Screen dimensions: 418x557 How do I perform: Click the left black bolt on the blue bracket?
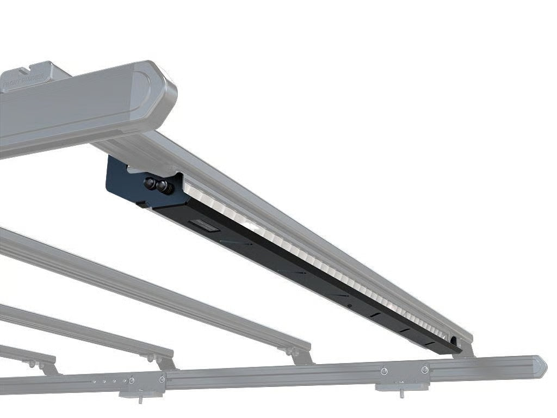pyautogui.click(x=150, y=183)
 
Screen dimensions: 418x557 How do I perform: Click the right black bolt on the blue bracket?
pyautogui.click(x=163, y=187)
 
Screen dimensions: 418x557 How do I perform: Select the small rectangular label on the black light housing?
pyautogui.click(x=203, y=226)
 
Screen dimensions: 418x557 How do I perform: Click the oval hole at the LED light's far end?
pyautogui.click(x=453, y=341)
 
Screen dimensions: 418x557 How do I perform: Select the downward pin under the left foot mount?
pyautogui.click(x=140, y=400)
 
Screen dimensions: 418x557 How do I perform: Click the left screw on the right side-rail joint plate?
pyautogui.click(x=385, y=371)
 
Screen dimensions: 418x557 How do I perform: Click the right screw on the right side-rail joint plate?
pyautogui.click(x=425, y=370)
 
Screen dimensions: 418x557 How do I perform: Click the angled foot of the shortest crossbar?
pyautogui.click(x=49, y=367)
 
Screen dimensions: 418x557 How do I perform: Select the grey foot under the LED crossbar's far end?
pyautogui.click(x=465, y=349)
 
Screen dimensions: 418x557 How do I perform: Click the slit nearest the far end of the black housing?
pyautogui.click(x=430, y=343)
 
